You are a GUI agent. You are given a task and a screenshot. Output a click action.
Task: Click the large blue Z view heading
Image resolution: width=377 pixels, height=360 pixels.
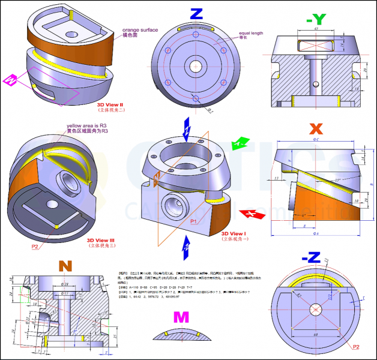tap(196, 14)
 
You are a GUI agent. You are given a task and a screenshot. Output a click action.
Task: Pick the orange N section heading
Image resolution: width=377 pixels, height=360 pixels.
tap(65, 266)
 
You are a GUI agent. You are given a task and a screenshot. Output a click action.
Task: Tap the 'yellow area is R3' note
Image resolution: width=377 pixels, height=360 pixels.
tap(87, 126)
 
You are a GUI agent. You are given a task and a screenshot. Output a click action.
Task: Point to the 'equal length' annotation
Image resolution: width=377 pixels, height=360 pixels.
tap(250, 33)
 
